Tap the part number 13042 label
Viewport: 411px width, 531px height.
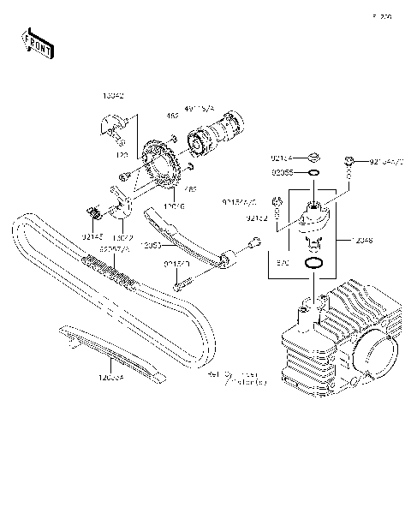(112, 97)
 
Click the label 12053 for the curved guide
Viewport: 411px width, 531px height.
(151, 245)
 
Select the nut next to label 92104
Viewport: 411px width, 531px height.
(314, 158)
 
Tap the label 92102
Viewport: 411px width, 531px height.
(258, 219)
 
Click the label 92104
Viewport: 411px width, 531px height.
(282, 158)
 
